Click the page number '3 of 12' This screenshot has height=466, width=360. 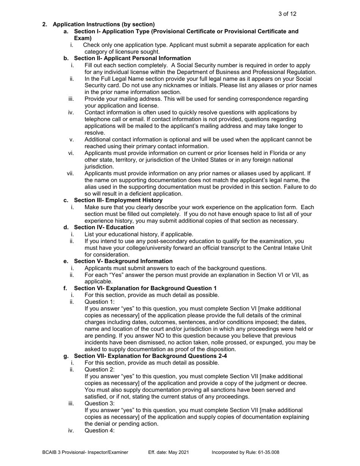tap(287, 14)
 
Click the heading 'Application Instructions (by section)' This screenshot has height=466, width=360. tap(103, 25)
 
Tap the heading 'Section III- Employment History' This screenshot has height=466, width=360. tap(118, 200)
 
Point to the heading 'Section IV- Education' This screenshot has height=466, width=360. tap(104, 227)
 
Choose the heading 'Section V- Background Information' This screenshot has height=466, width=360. tap(123, 261)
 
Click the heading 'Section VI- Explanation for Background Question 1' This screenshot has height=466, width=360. tap(145, 288)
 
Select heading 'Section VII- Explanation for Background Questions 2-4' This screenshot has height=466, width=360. tap(150, 356)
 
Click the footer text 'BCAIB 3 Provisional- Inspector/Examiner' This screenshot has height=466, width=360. tap(85, 452)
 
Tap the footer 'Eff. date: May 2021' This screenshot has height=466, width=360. tap(168, 452)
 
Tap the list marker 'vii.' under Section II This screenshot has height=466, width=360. tap(71, 174)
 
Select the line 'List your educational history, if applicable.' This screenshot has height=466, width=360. tap(139, 234)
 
